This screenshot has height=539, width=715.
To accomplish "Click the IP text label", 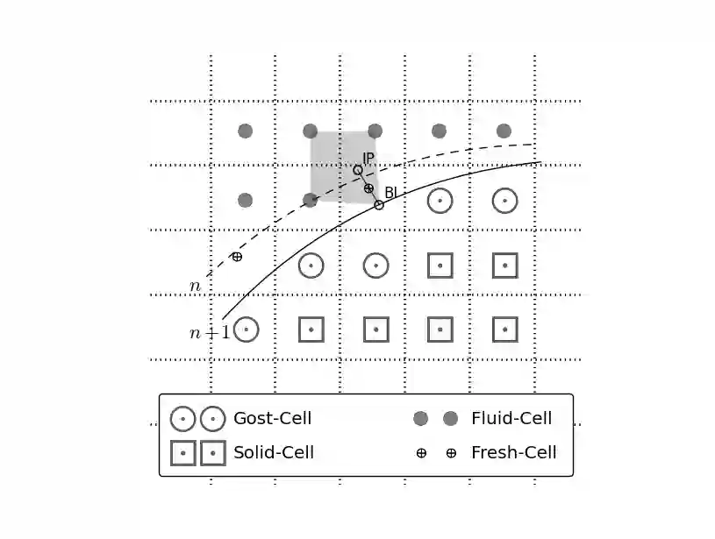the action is pos(368,158).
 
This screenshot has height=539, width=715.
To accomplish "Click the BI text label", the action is pos(390,192).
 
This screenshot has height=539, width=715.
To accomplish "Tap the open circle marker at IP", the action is pos(358,170).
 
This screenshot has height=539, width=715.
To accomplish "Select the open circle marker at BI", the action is pos(379,205).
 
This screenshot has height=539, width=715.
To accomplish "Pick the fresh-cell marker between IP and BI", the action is pos(368,188).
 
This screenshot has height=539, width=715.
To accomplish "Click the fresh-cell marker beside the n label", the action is pos(237,256).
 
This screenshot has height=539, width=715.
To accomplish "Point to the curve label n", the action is pos(195,286).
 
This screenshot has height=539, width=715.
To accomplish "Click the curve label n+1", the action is pos(209,332).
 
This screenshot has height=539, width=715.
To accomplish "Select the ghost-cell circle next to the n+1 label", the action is pos(247,330).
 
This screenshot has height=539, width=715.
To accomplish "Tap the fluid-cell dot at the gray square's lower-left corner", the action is pos(310,200).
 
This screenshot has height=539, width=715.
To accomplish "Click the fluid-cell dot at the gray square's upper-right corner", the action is pos(375,131).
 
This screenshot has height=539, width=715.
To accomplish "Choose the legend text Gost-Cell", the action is pos(272,419).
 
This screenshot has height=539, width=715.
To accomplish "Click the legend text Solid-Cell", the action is pos(273,453).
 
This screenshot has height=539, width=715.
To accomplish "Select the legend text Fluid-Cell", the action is pos(511,419).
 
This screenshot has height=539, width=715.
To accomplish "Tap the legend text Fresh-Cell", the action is pos(513,453).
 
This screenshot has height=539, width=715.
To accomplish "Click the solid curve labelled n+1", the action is pos(290,254).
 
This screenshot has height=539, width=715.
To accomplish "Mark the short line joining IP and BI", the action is pos(374,196).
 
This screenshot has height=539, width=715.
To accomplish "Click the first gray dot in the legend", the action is pos(420,419).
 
